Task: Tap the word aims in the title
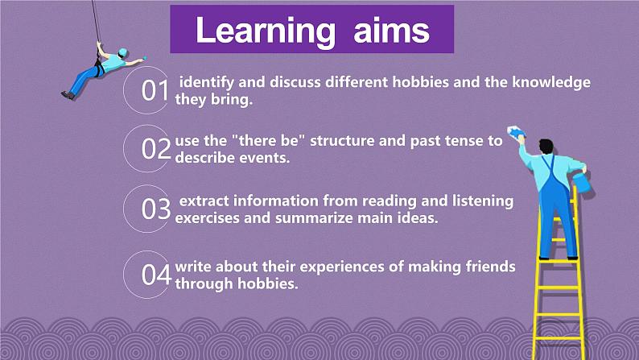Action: (392, 31)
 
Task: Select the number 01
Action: (155, 90)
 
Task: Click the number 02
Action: (156, 148)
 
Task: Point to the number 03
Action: (156, 209)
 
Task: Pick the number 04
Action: (156, 275)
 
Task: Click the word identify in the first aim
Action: (207, 83)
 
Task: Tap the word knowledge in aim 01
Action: (551, 83)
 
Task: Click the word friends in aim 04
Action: (491, 267)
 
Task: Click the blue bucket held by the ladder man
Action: (582, 182)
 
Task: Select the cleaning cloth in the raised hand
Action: (516, 132)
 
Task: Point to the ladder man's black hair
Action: (546, 146)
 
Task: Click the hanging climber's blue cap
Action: (122, 52)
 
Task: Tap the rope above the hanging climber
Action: (96, 21)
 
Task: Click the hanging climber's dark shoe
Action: (68, 95)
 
